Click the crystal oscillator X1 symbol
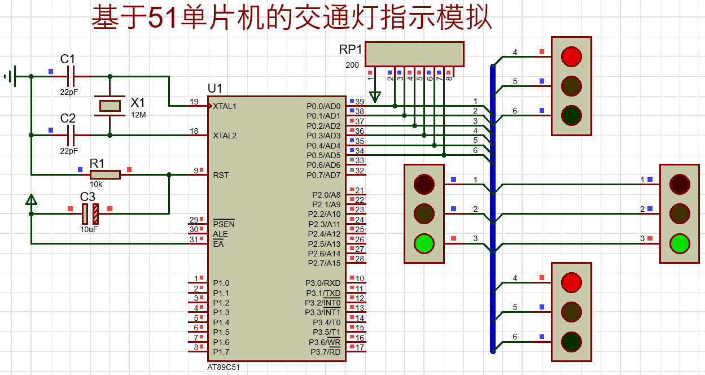(x=110, y=106)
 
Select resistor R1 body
(x=105, y=175)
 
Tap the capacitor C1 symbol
(x=71, y=76)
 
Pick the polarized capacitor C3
(x=90, y=214)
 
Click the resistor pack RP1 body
(x=414, y=54)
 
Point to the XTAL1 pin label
(x=225, y=106)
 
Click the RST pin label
(x=221, y=175)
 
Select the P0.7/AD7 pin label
(x=323, y=175)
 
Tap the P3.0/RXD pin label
(x=323, y=283)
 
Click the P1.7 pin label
(x=221, y=352)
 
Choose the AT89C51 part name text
(x=224, y=367)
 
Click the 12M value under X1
(x=138, y=115)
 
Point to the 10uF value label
(x=89, y=229)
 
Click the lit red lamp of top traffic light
(x=571, y=56)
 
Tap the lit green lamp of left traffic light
(x=424, y=243)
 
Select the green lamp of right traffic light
(x=680, y=243)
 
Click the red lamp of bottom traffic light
(x=571, y=283)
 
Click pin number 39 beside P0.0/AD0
(x=360, y=102)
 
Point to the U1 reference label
(x=215, y=89)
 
